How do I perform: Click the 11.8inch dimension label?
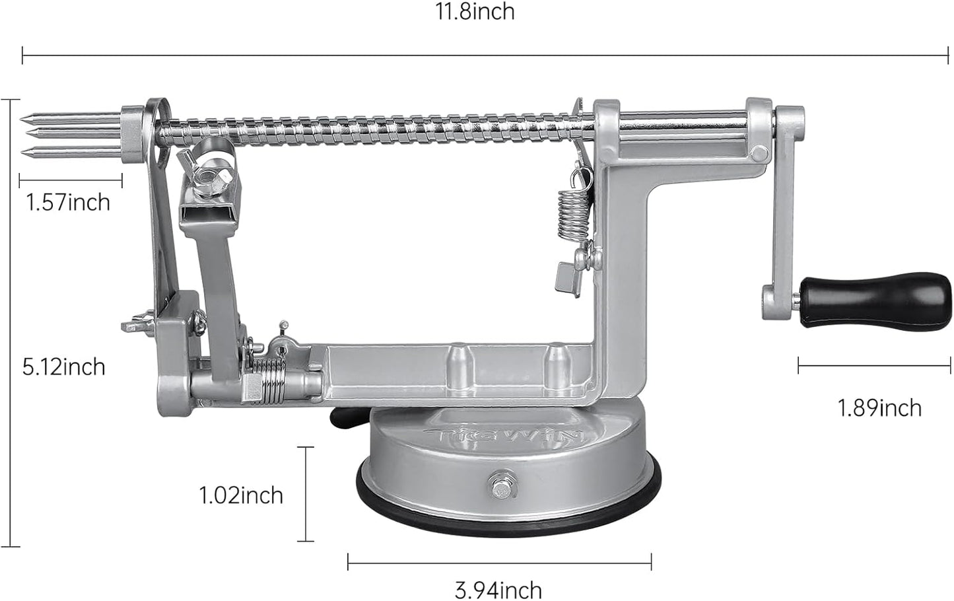pos(474,13)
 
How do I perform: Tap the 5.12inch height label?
pos(63,367)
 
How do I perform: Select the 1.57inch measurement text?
pos(67,202)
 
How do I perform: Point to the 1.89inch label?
pos(879,407)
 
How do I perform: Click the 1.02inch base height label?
pos(241,495)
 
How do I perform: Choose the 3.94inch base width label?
pos(498,589)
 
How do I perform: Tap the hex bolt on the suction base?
pos(500,489)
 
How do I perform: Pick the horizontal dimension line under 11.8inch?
pos(485,55)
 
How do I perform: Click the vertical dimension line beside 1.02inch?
pos(305,494)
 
